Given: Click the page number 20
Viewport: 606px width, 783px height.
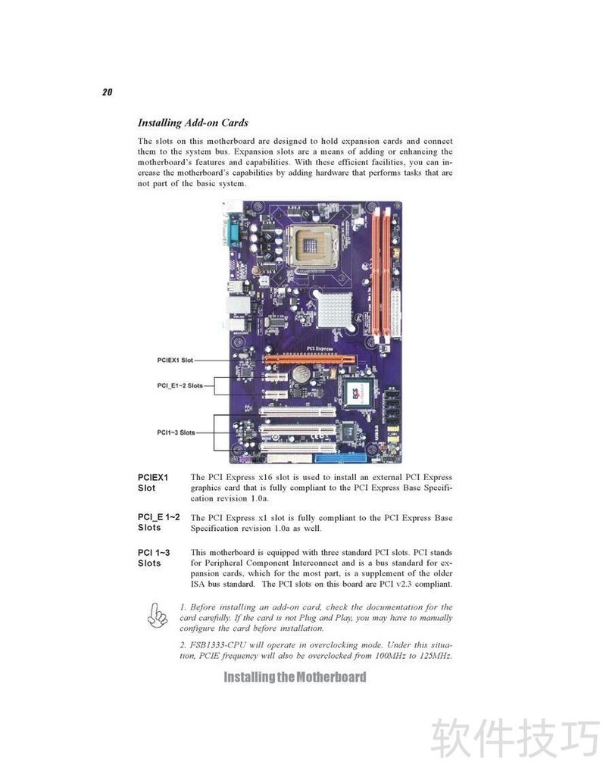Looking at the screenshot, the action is [x=107, y=92].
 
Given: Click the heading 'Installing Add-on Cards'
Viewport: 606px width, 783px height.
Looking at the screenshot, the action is [x=193, y=123].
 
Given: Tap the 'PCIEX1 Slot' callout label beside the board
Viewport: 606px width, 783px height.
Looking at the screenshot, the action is [x=175, y=360].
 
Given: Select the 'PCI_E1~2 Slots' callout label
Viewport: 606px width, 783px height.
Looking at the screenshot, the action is [x=180, y=385].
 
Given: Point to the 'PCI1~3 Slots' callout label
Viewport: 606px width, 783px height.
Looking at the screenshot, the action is [x=176, y=432].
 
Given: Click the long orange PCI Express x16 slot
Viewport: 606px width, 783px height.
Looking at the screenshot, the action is [x=310, y=360].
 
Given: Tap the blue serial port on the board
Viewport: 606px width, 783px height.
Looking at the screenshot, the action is [x=232, y=234].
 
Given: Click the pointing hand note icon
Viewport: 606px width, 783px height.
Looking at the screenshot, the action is [x=157, y=615].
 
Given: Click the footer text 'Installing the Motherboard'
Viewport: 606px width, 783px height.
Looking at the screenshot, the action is [x=295, y=677].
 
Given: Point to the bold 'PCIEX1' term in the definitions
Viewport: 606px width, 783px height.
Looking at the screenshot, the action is [x=153, y=477].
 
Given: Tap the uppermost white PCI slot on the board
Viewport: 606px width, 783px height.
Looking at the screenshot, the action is [x=297, y=412].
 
